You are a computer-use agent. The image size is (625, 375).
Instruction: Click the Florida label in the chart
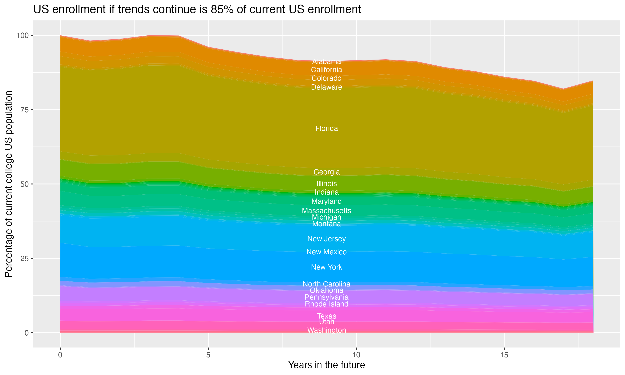(326, 128)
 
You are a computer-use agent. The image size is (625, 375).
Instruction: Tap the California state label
(326, 70)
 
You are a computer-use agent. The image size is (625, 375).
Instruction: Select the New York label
(326, 267)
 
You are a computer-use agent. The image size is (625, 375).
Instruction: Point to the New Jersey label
(326, 239)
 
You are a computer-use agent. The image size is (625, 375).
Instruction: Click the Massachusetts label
(326, 210)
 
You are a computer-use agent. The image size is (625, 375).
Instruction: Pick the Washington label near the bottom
(326, 330)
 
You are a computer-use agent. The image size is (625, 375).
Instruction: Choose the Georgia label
(326, 172)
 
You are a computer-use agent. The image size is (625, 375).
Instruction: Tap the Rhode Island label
(326, 304)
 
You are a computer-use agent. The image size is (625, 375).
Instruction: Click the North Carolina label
(326, 284)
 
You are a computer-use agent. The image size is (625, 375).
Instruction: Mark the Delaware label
(326, 87)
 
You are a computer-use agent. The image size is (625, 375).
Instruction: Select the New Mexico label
(326, 252)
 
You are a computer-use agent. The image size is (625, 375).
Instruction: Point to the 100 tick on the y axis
(22, 35)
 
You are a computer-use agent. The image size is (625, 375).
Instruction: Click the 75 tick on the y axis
(25, 110)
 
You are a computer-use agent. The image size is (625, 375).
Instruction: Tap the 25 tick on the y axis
(25, 259)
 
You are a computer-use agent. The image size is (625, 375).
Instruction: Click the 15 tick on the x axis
(504, 355)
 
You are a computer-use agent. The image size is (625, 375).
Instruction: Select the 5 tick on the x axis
(208, 355)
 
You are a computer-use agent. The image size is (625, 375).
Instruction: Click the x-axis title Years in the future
(326, 365)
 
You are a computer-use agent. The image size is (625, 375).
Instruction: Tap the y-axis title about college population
(9, 184)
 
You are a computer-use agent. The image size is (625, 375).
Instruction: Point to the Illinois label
(326, 184)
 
